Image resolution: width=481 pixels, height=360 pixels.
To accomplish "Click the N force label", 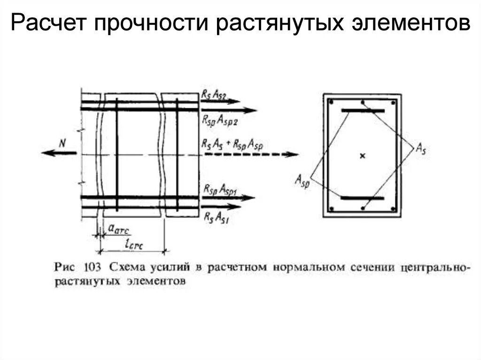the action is click(x=62, y=143).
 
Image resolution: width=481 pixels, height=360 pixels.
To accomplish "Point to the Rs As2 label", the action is click(x=214, y=95).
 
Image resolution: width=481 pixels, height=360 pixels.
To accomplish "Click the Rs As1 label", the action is click(x=217, y=217).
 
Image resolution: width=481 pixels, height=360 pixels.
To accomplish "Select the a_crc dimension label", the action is click(x=118, y=229).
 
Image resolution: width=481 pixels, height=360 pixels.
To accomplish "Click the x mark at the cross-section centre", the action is click(x=362, y=156).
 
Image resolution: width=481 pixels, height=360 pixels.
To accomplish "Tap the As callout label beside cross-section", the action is click(x=421, y=149).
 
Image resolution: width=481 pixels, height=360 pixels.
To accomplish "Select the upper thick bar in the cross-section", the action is click(x=363, y=111).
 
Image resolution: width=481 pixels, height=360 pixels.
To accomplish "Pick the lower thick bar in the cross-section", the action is click(x=362, y=198).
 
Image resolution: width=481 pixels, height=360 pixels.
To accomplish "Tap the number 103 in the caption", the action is click(x=92, y=267).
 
